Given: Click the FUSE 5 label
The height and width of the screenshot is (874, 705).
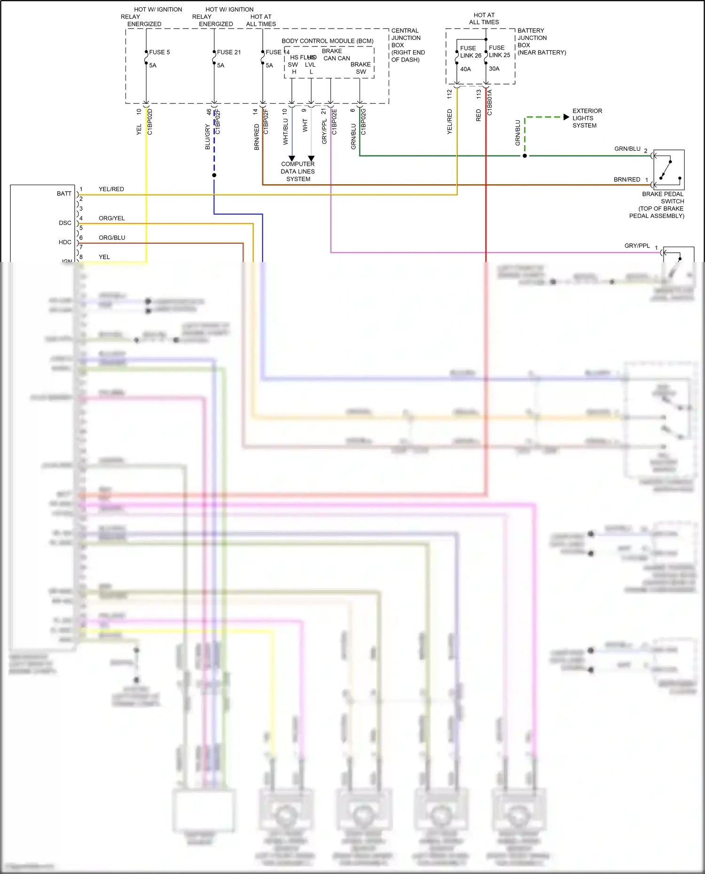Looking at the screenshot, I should pyautogui.click(x=159, y=52).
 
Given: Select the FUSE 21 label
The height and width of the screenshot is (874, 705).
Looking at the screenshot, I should pyautogui.click(x=229, y=52).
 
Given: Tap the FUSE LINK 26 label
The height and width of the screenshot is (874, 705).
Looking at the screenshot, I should pyautogui.click(x=470, y=52).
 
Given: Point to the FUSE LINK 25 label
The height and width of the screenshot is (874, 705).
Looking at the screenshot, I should pyautogui.click(x=499, y=51).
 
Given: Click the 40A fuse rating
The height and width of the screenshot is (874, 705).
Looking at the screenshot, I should pyautogui.click(x=465, y=69).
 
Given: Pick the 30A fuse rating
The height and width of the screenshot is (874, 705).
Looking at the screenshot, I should pyautogui.click(x=494, y=69).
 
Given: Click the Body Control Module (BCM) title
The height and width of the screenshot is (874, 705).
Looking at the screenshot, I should pyautogui.click(x=328, y=41).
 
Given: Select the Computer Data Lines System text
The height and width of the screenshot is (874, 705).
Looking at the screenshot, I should pyautogui.click(x=298, y=171).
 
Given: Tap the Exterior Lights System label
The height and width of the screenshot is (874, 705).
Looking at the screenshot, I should pyautogui.click(x=587, y=118).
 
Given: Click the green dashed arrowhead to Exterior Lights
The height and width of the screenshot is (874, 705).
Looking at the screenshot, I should pyautogui.click(x=566, y=117).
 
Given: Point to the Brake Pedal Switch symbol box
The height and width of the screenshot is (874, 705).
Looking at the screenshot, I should pyautogui.click(x=669, y=169).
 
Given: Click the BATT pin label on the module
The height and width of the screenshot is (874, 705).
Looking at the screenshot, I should pyautogui.click(x=64, y=193).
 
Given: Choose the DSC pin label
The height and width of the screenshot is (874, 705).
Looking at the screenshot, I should pyautogui.click(x=65, y=223).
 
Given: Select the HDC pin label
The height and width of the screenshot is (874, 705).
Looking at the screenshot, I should pyautogui.click(x=65, y=242).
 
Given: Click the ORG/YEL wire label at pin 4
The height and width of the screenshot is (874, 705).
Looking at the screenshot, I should pyautogui.click(x=111, y=218).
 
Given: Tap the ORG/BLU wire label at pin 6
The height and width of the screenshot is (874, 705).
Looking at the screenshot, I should pyautogui.click(x=112, y=238).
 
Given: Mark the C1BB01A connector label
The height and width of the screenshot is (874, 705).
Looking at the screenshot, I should pyautogui.click(x=489, y=103).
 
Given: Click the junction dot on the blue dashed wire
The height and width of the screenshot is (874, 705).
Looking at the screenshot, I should pyautogui.click(x=214, y=175).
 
